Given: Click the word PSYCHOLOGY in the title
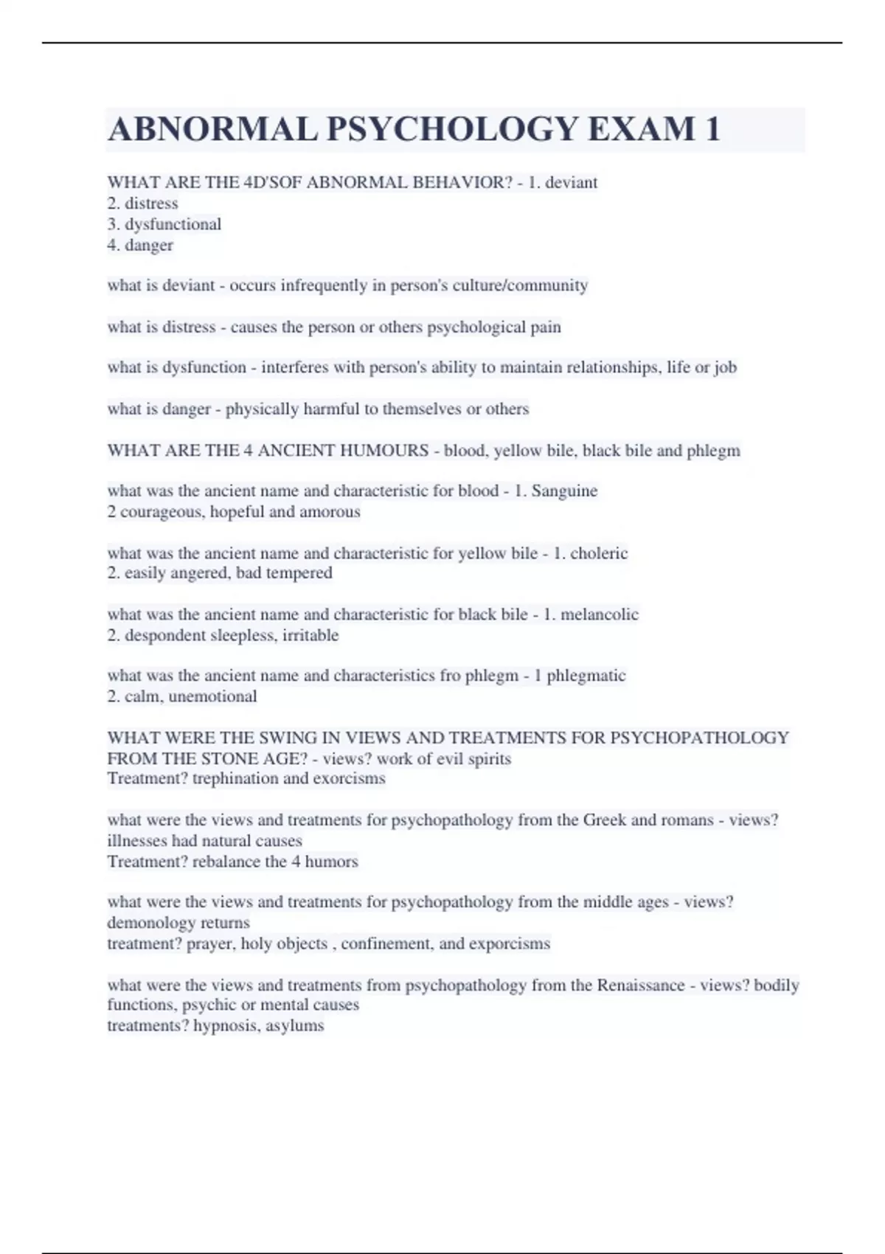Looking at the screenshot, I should coord(452,130).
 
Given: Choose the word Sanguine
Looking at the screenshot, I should coord(564,491).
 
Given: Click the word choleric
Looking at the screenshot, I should coord(597,552).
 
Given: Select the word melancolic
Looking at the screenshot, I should coord(600,614).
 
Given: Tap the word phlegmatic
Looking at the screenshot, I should coord(586,675).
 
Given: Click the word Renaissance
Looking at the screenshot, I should coord(640,985).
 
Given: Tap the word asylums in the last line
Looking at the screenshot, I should coord(294,1025).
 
